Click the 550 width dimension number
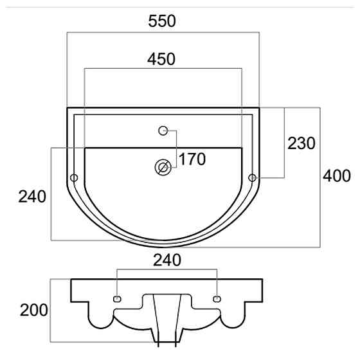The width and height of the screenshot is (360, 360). coord(162,21)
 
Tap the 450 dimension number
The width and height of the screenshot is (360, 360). coord(161,59)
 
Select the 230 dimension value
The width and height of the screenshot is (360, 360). coord(301,143)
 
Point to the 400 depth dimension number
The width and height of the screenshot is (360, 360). coord(337,176)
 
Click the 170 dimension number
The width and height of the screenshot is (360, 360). coord(192,159)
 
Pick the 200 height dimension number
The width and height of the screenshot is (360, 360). coord(33,310)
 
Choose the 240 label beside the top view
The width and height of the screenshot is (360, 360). coord(32,197)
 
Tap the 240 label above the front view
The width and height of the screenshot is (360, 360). coord(167,260)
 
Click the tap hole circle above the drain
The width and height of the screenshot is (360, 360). coord(163,130)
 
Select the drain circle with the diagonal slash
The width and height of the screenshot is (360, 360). coord(163,167)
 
